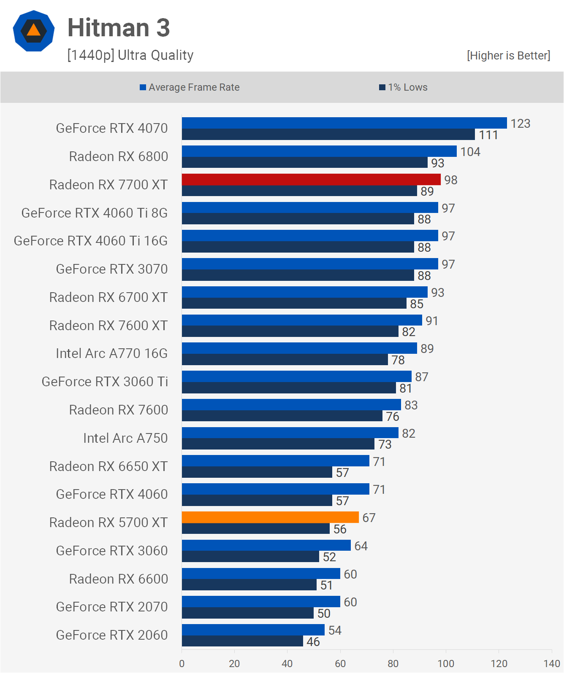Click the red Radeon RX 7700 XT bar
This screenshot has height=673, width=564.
311,179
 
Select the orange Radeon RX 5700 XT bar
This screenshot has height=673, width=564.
270,517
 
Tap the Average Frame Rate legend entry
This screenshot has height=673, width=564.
190,87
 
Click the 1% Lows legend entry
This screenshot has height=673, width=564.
403,87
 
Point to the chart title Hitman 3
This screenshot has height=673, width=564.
119,28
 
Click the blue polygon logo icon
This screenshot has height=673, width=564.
34,31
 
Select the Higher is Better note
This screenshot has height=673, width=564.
508,56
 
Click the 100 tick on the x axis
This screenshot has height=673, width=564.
446,663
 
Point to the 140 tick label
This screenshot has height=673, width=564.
551,663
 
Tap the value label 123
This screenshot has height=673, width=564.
520,124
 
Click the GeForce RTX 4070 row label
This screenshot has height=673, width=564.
112,128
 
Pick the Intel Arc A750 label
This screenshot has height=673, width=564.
125,438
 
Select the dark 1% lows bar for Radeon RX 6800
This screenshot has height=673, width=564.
304,163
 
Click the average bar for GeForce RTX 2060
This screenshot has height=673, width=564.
253,630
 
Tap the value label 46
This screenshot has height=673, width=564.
313,642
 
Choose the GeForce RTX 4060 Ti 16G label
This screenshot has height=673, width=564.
91,241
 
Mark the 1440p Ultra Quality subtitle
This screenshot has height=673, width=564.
130,55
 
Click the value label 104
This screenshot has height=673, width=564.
470,152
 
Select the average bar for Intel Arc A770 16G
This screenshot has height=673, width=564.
299,348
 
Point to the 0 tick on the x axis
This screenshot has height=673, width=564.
182,663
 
